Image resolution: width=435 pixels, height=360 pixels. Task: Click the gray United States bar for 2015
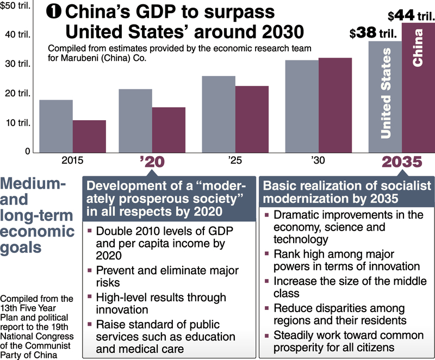point(55,126)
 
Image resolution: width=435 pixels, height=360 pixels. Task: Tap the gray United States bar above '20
point(135,120)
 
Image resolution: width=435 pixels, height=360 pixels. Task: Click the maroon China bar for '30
point(335,105)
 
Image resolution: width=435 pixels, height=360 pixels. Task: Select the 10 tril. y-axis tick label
point(18,122)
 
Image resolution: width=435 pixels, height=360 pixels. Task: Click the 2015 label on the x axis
point(72,161)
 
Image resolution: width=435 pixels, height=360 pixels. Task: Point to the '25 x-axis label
point(235,161)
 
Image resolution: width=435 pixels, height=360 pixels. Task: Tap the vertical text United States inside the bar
point(385,93)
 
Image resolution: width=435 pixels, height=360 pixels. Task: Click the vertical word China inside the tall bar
point(418,48)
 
